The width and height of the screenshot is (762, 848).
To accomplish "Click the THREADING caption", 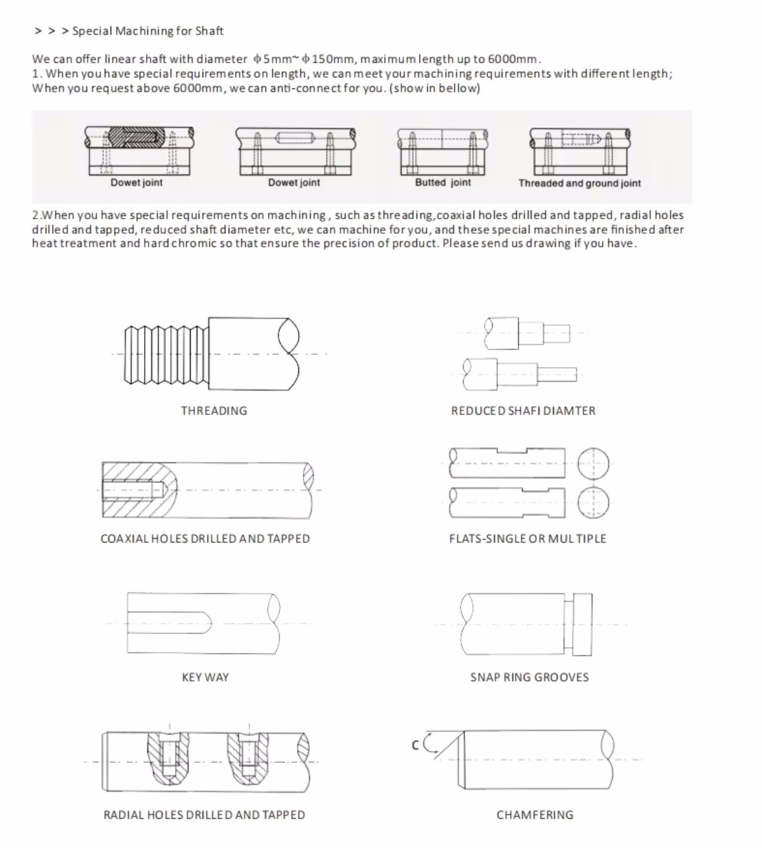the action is click(x=214, y=410).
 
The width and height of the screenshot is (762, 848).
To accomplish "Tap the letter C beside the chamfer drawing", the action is click(x=415, y=745).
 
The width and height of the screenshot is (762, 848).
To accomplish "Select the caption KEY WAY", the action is click(x=205, y=676).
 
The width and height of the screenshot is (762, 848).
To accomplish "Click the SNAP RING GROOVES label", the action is click(x=529, y=676).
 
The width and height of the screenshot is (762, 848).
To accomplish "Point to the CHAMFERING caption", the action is click(x=535, y=814).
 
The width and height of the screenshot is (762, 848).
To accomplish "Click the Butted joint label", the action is click(x=443, y=182).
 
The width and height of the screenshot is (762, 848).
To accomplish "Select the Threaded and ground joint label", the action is click(x=579, y=183).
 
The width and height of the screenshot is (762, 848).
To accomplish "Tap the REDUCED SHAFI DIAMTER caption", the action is click(x=523, y=410).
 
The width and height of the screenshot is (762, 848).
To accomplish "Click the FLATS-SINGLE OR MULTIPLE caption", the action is click(x=528, y=538).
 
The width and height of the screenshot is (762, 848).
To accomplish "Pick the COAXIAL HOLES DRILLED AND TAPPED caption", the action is click(x=205, y=538).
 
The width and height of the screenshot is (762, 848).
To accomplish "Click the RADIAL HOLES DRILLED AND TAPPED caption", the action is click(x=204, y=814).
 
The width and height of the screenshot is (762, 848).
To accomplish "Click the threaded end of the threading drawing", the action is click(x=166, y=354).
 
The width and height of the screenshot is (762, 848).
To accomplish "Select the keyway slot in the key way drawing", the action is click(x=169, y=623).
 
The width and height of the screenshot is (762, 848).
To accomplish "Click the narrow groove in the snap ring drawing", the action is click(x=568, y=624).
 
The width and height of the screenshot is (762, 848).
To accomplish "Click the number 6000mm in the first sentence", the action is click(x=512, y=59).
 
